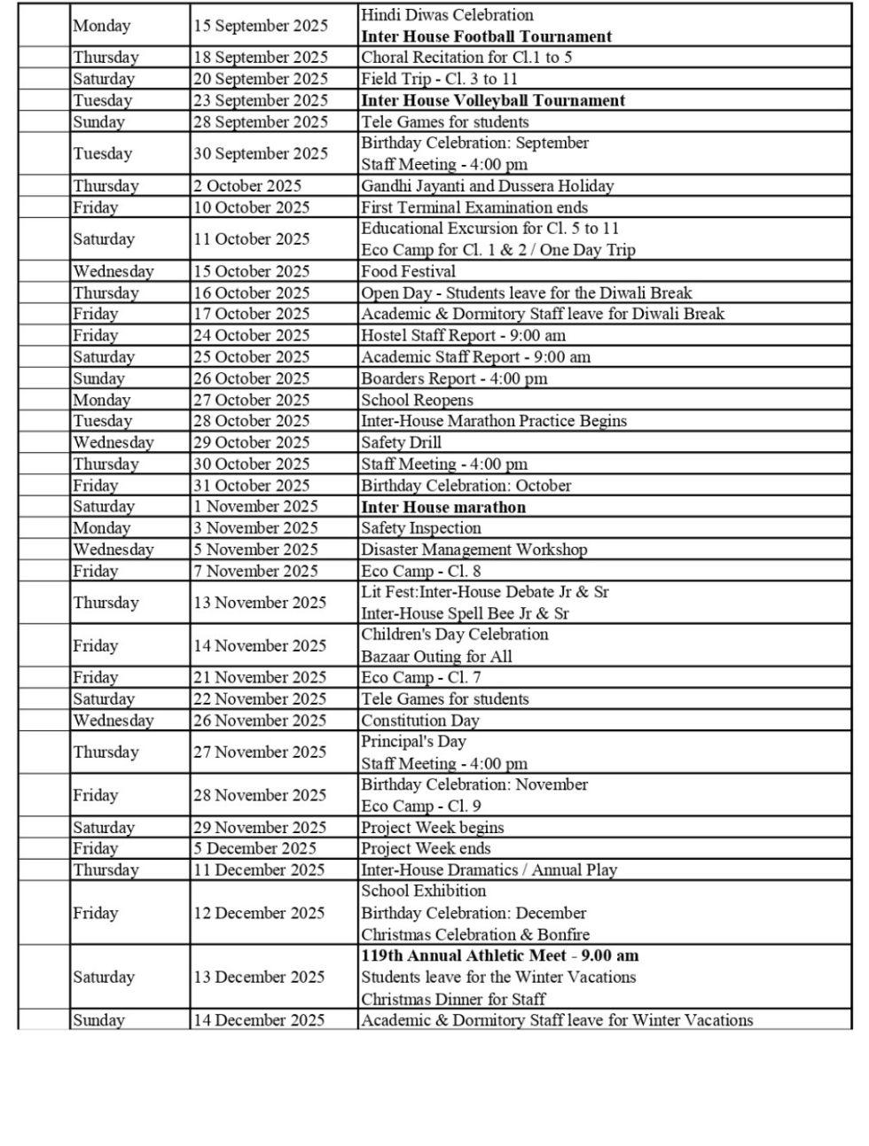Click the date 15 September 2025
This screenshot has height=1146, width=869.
coord(261,26)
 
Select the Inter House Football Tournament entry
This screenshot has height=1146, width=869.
coord(486,36)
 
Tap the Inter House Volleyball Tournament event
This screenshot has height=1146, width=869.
coord(492,100)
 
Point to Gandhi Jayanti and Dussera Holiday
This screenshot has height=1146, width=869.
coord(487,185)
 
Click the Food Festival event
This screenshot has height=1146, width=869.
coord(408,271)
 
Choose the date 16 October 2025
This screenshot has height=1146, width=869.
coord(252,292)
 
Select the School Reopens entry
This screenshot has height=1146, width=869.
coord(417,400)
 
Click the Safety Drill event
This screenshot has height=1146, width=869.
coord(401,442)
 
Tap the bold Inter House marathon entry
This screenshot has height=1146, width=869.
coord(442,507)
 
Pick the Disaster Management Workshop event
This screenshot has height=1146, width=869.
coord(474,550)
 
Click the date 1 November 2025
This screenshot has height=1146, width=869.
coord(255,506)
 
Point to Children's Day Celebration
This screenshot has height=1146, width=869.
coord(454,635)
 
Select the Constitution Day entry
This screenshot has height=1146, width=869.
coord(419,721)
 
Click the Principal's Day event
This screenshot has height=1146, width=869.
coord(412,742)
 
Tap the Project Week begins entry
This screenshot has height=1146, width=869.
coord(432,827)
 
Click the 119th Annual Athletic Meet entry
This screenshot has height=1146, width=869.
coord(499,955)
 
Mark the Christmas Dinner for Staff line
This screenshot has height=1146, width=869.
coord(453,999)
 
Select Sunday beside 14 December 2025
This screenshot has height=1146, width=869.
coord(98,1020)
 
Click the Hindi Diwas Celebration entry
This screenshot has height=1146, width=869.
coord(447,15)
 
